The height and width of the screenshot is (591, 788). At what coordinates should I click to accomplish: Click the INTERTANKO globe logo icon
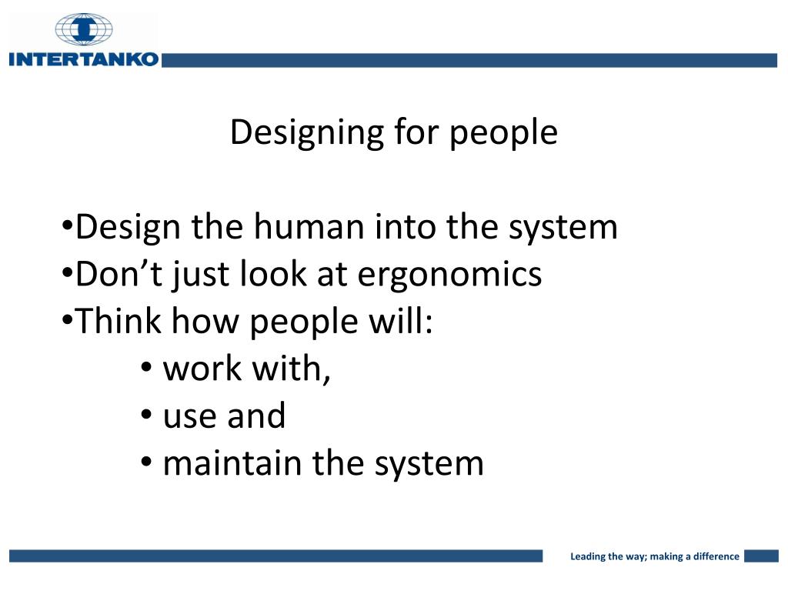pos(83,28)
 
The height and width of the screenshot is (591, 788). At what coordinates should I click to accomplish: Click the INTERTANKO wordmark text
pos(83,59)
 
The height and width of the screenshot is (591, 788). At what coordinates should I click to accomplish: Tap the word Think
pos(119,322)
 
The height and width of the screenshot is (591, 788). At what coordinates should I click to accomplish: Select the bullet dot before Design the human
pos(67,229)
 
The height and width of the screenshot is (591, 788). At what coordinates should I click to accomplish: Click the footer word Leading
pos(588,556)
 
